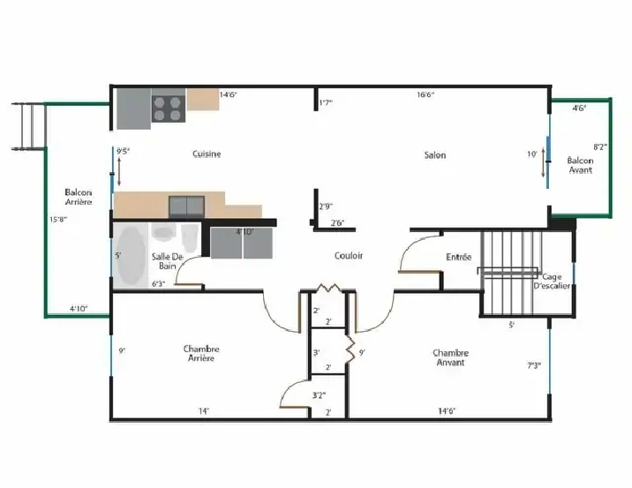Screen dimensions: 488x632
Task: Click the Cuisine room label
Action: point(207,154)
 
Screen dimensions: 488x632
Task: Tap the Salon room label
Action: point(434,155)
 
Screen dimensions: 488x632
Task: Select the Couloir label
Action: point(349,256)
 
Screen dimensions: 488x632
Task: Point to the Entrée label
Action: point(458,257)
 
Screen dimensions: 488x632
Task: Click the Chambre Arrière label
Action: point(201,353)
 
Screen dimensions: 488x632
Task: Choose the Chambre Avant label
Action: point(450,357)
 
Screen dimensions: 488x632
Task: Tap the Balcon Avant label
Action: point(580,165)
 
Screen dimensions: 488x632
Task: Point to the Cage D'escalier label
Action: point(555,281)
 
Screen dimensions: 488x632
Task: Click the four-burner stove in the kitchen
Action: point(168,108)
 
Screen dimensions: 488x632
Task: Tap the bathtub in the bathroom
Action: point(131,255)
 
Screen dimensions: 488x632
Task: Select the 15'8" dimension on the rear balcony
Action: point(58,221)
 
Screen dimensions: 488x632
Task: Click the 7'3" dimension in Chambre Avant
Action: point(534,364)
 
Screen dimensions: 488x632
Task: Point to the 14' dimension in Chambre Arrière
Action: point(203,411)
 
